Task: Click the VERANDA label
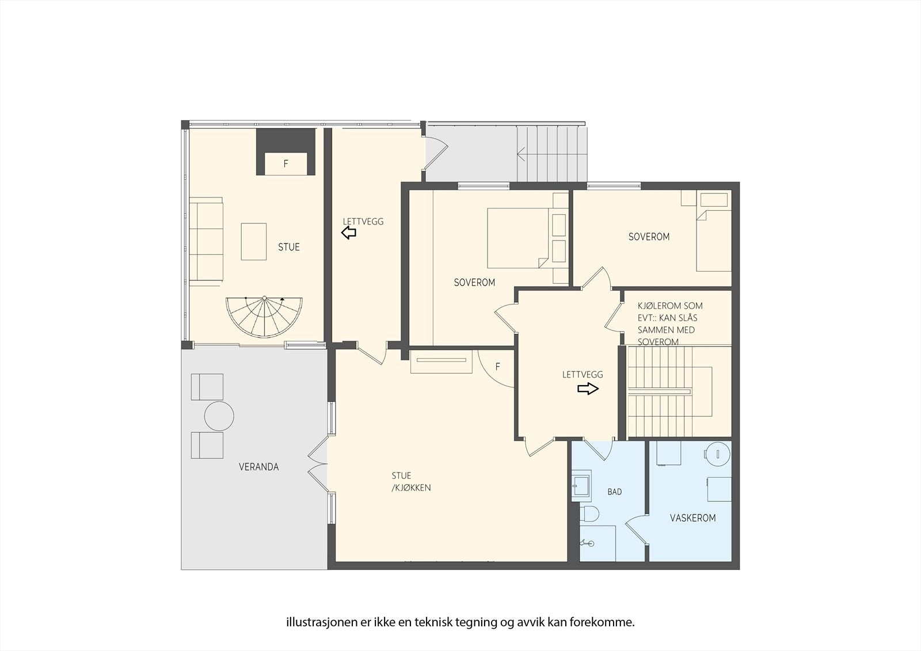coord(258,467)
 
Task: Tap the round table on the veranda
coord(218,416)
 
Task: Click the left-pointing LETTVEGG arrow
coord(349,233)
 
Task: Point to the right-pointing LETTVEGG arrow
coord(588,389)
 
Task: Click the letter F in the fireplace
coord(286,164)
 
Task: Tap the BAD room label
coord(614,492)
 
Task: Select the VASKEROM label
coord(692,518)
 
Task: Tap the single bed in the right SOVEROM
coord(714,241)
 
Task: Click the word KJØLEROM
coord(657,306)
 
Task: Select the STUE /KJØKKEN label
coord(410,482)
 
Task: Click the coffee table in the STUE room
coord(254,242)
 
